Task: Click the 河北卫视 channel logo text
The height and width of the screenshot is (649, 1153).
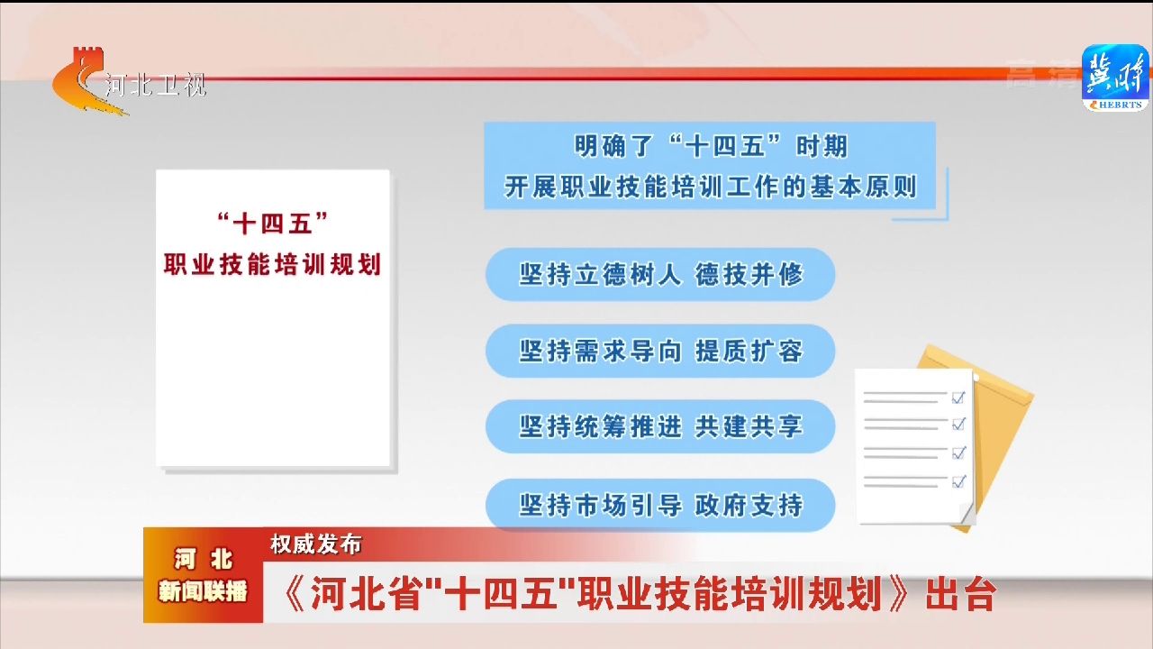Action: click(x=156, y=85)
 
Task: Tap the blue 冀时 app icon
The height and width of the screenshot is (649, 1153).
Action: click(x=1115, y=78)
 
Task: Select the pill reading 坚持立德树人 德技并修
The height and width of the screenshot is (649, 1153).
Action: click(x=660, y=275)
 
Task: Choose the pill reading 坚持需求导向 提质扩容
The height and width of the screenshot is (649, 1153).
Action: click(x=660, y=352)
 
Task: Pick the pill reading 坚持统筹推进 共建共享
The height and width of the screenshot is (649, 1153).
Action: click(x=660, y=426)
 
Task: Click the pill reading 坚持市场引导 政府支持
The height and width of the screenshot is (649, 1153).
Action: click(x=660, y=506)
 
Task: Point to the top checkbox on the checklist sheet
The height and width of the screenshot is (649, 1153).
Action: click(x=958, y=398)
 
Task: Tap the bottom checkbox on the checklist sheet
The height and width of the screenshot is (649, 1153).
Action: click(x=958, y=481)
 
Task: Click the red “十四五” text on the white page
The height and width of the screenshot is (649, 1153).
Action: click(x=272, y=224)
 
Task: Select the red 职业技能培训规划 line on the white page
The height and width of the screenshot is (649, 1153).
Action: click(x=272, y=264)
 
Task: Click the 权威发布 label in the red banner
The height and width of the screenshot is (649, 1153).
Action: click(x=316, y=544)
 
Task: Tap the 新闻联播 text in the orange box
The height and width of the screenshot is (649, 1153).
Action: click(x=203, y=590)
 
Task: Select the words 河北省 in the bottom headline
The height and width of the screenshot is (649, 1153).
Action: click(x=365, y=595)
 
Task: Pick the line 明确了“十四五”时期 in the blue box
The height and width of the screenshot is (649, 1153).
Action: click(x=711, y=146)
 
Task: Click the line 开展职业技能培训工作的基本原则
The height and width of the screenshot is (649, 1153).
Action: click(x=711, y=187)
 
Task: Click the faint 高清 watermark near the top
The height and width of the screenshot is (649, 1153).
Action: click(x=1042, y=74)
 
